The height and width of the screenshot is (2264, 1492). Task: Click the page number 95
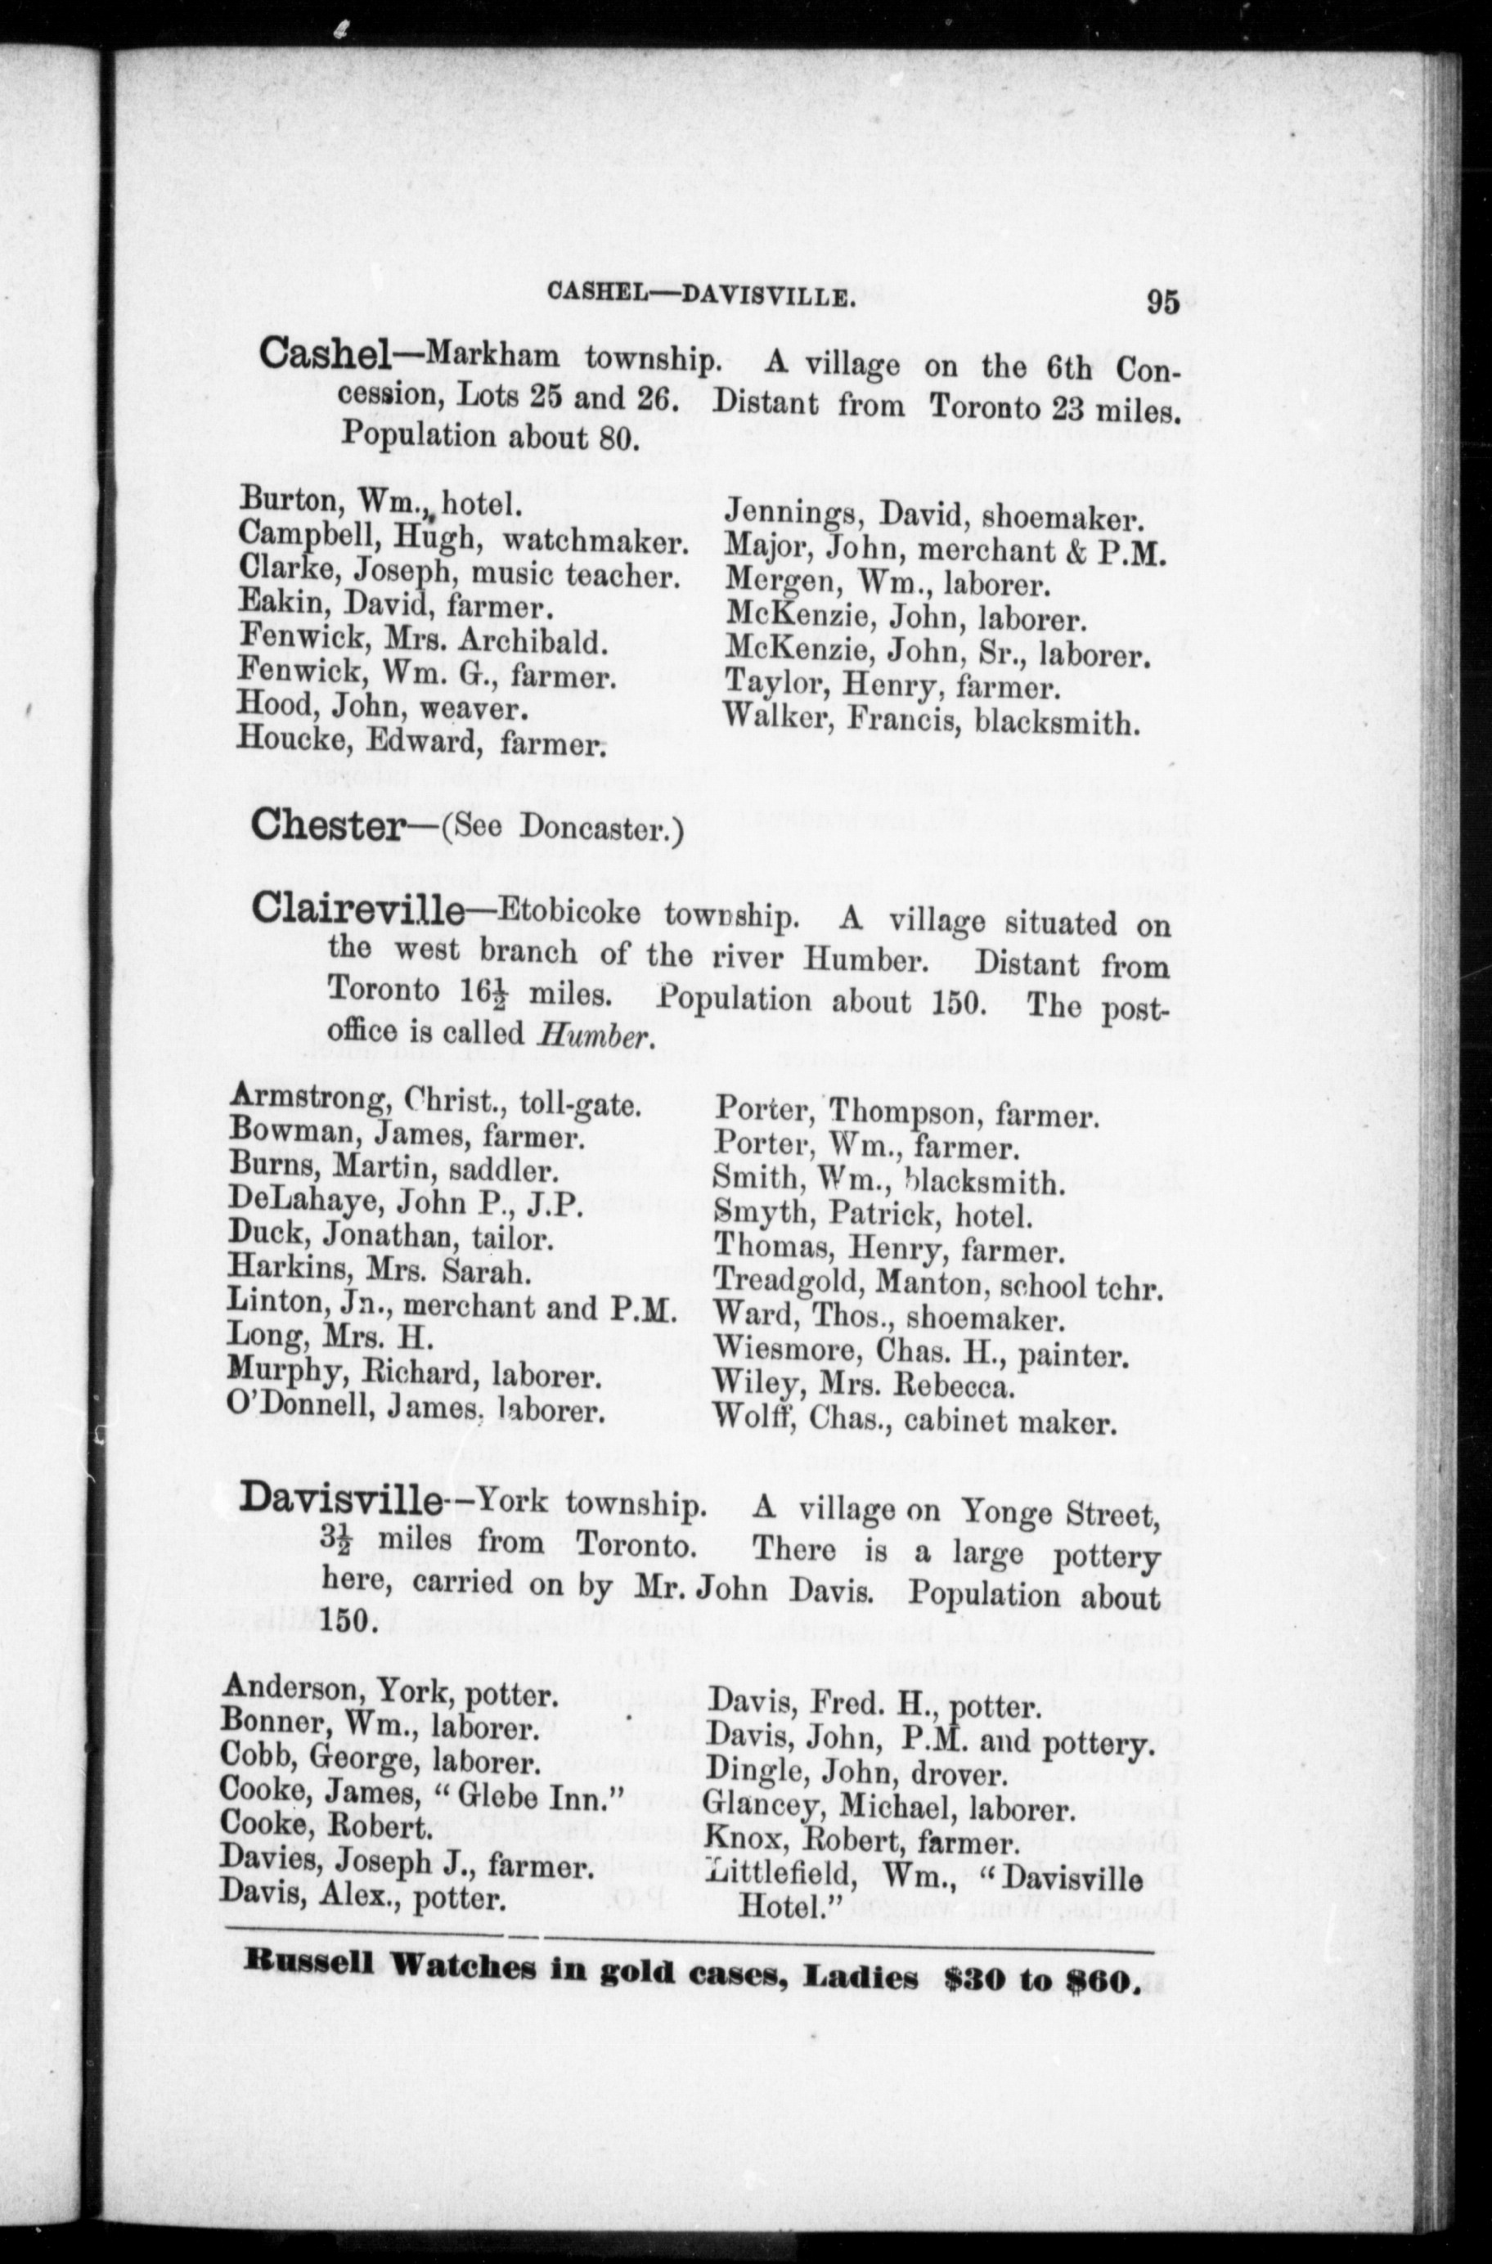1162,302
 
